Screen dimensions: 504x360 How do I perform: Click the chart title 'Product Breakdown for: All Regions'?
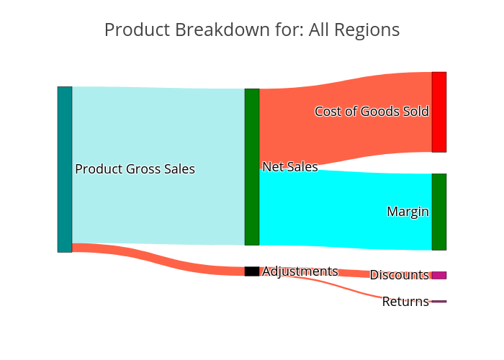252,30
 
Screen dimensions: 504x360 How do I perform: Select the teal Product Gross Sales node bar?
65,169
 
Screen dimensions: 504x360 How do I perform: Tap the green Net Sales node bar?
252,167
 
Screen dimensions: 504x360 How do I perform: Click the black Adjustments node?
252,271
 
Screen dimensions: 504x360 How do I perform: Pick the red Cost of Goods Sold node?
439,112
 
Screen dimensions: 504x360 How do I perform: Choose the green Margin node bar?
439,212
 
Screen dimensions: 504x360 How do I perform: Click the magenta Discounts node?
439,275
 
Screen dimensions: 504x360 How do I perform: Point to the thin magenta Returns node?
439,302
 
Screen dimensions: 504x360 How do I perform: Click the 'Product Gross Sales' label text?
135,169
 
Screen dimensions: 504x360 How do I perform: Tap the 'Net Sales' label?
290,167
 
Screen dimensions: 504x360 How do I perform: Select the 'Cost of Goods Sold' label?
372,111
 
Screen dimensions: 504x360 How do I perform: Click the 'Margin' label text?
408,212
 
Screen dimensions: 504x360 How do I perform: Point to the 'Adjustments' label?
300,271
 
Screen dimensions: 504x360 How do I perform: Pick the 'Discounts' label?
400,275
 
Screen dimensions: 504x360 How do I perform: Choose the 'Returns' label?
405,302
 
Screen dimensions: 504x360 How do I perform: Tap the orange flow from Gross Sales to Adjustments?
158,260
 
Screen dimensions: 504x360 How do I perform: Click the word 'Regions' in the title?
367,30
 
